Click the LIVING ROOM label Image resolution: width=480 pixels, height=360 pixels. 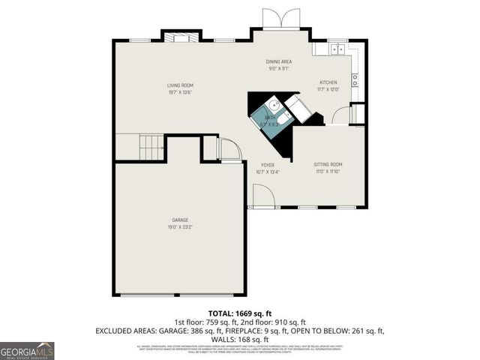[180, 85]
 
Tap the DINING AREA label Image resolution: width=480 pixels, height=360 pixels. [279, 61]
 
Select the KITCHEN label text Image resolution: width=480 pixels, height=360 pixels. [328, 82]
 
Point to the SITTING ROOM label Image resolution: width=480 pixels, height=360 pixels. [328, 164]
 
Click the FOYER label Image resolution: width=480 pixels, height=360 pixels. [267, 164]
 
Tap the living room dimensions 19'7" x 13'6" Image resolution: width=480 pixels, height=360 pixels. [180, 93]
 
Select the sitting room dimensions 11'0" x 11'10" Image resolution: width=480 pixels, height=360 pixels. [328, 172]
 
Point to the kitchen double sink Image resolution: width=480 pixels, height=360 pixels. [337, 49]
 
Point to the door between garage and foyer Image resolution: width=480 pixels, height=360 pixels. [228, 150]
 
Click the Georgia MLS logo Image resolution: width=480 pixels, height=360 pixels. [27, 350]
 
